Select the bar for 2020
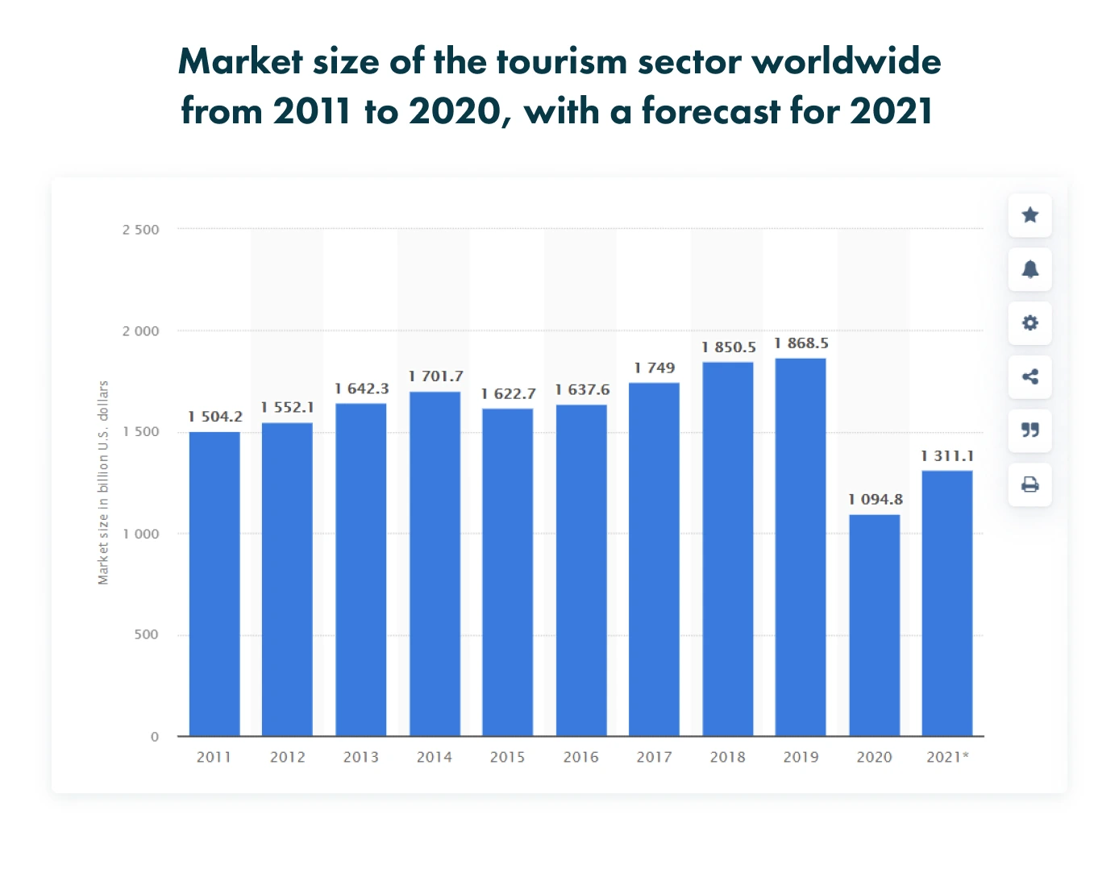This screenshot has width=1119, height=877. pos(874,625)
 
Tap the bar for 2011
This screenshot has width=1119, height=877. pos(214,584)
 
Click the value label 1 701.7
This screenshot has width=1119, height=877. pos(435,376)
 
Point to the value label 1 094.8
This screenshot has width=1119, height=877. pos(876,500)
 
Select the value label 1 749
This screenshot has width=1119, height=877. pos(654,368)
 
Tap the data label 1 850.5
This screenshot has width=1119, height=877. pos(728,347)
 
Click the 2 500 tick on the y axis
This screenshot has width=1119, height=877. pos(141,230)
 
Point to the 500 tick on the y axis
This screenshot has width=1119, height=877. pos(146,635)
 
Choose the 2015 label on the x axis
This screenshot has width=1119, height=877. pos(507,757)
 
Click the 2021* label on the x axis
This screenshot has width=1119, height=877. pos(947,757)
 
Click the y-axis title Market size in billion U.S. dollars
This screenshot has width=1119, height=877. pos(103,483)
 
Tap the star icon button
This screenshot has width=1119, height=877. pos(1030,215)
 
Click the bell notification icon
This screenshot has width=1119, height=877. pos(1030,269)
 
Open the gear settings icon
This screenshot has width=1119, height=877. pos(1030,323)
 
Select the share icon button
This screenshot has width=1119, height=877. pos(1030,376)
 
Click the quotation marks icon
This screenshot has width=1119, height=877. pos(1030,430)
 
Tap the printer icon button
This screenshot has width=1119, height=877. pos(1030,484)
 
